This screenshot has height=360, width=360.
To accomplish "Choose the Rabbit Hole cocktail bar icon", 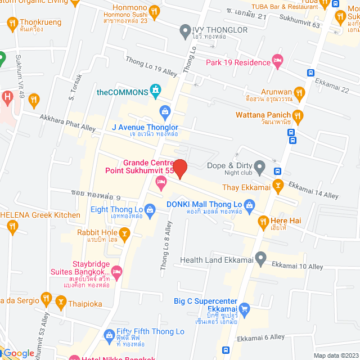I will click(125, 233).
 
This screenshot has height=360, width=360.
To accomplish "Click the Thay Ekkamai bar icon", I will click(277, 185).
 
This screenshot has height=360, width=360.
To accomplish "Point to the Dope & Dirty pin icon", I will click(259, 166).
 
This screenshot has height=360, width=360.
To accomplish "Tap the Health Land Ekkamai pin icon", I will click(260, 259).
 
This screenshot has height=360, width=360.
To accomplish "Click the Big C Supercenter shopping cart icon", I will click(244, 309).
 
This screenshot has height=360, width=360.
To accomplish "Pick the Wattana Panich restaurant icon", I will click(298, 116).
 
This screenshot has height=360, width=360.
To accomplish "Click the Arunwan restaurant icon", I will click(299, 92).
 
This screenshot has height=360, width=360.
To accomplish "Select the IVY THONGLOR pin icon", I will click(185, 31).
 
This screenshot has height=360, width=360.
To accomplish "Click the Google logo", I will click(19, 353).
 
